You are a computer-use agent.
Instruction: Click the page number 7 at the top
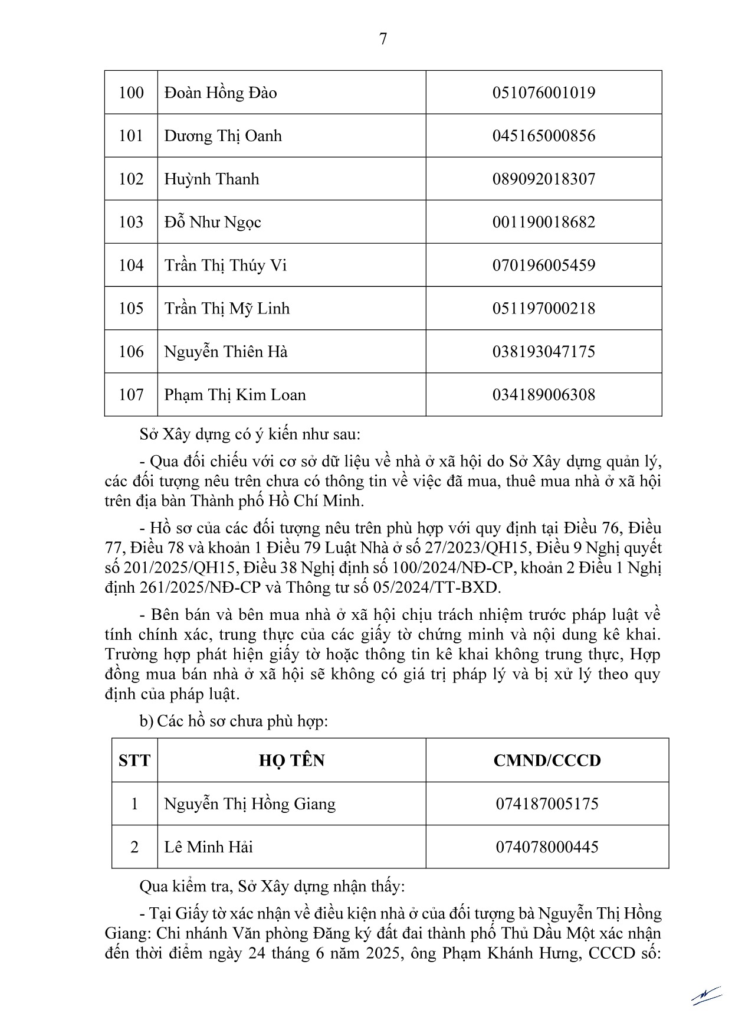tap(383, 39)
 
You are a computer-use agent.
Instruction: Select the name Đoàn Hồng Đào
tap(221, 93)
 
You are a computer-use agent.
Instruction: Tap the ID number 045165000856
tap(543, 136)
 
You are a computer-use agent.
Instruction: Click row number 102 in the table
tap(131, 179)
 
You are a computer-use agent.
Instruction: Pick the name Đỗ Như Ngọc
tap(212, 222)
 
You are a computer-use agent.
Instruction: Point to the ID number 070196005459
tap(543, 265)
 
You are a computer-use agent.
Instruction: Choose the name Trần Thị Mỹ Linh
tap(227, 308)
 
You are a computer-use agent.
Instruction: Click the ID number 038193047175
tap(543, 352)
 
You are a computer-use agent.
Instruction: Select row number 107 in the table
tap(131, 394)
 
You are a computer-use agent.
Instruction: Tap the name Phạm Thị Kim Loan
tap(235, 394)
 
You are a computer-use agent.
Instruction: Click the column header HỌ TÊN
tap(291, 760)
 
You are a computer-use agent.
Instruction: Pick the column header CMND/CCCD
tap(547, 760)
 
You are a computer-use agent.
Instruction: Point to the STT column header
tap(134, 760)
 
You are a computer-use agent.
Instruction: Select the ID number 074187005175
tap(547, 804)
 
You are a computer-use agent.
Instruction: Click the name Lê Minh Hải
tap(208, 847)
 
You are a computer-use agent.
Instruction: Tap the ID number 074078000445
tap(547, 847)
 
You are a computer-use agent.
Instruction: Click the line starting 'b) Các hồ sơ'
tap(234, 721)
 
